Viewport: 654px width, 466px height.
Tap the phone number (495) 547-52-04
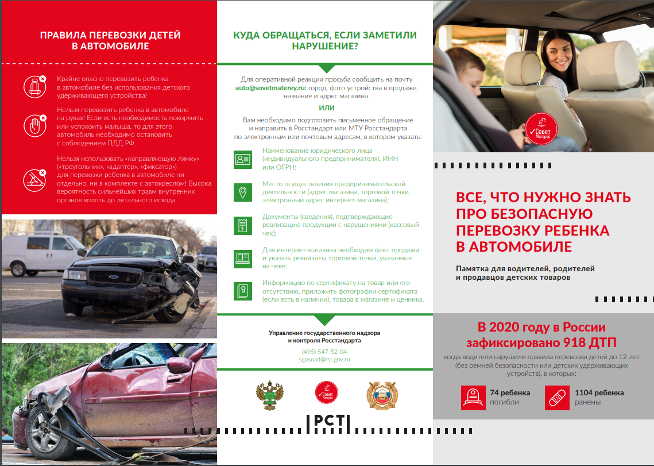[x=324, y=351]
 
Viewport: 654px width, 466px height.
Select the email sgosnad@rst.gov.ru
[x=324, y=359]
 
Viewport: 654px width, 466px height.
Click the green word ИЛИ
[x=326, y=107]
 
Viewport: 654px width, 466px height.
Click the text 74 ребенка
[x=510, y=393]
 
